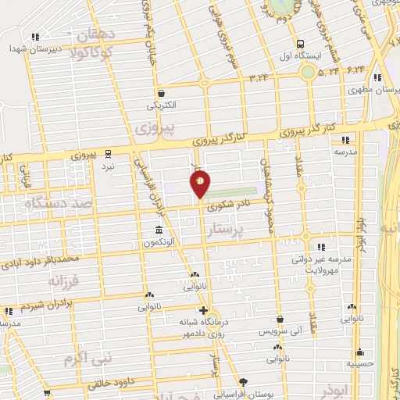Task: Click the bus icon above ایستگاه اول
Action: coord(300,44)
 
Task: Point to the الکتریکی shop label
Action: coord(161,105)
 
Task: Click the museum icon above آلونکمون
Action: coord(159,230)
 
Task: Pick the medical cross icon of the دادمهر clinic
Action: coord(203,310)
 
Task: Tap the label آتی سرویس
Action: coord(280,331)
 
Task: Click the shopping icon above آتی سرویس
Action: coord(280,319)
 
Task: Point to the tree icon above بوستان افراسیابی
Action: coord(243,382)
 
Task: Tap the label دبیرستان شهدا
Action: coord(34,48)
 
